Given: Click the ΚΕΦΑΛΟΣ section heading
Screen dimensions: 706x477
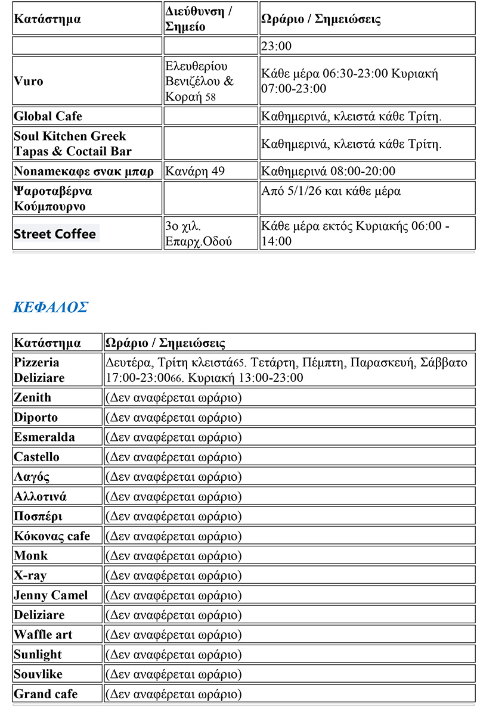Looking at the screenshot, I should tap(51, 307).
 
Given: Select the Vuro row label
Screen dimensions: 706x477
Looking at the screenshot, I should tap(29, 81).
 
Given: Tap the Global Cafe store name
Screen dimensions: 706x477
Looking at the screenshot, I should tap(48, 116).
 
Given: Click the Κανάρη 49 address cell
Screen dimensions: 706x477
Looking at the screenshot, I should tap(195, 172).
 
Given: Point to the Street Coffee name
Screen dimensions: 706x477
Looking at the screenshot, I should tap(55, 234).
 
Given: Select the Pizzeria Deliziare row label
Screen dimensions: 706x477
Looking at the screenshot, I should tap(39, 370).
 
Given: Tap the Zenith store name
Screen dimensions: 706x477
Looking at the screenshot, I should tap(33, 397).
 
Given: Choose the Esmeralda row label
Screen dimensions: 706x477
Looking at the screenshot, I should tap(45, 437).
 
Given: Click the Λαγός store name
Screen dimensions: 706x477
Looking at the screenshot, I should tap(32, 477).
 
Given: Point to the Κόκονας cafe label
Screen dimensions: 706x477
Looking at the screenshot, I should tap(52, 536).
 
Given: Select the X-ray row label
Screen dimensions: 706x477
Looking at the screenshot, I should tap(30, 576).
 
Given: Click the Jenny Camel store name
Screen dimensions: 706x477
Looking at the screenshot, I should tap(51, 595).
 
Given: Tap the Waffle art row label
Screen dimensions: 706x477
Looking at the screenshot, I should tap(43, 635).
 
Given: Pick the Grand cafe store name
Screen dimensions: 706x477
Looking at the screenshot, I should tap(46, 694).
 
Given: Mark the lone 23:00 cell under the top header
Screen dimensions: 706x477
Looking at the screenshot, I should tap(277, 46).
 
